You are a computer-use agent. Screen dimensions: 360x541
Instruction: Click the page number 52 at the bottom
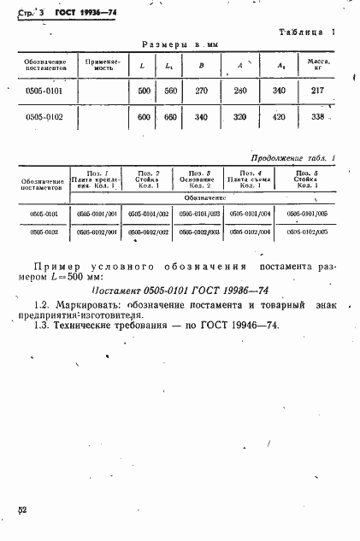[22, 510]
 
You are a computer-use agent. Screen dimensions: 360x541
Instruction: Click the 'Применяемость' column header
[101, 65]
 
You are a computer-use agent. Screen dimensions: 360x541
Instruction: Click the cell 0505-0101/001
[95, 214]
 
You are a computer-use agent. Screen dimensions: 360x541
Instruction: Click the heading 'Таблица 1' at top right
[306, 32]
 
